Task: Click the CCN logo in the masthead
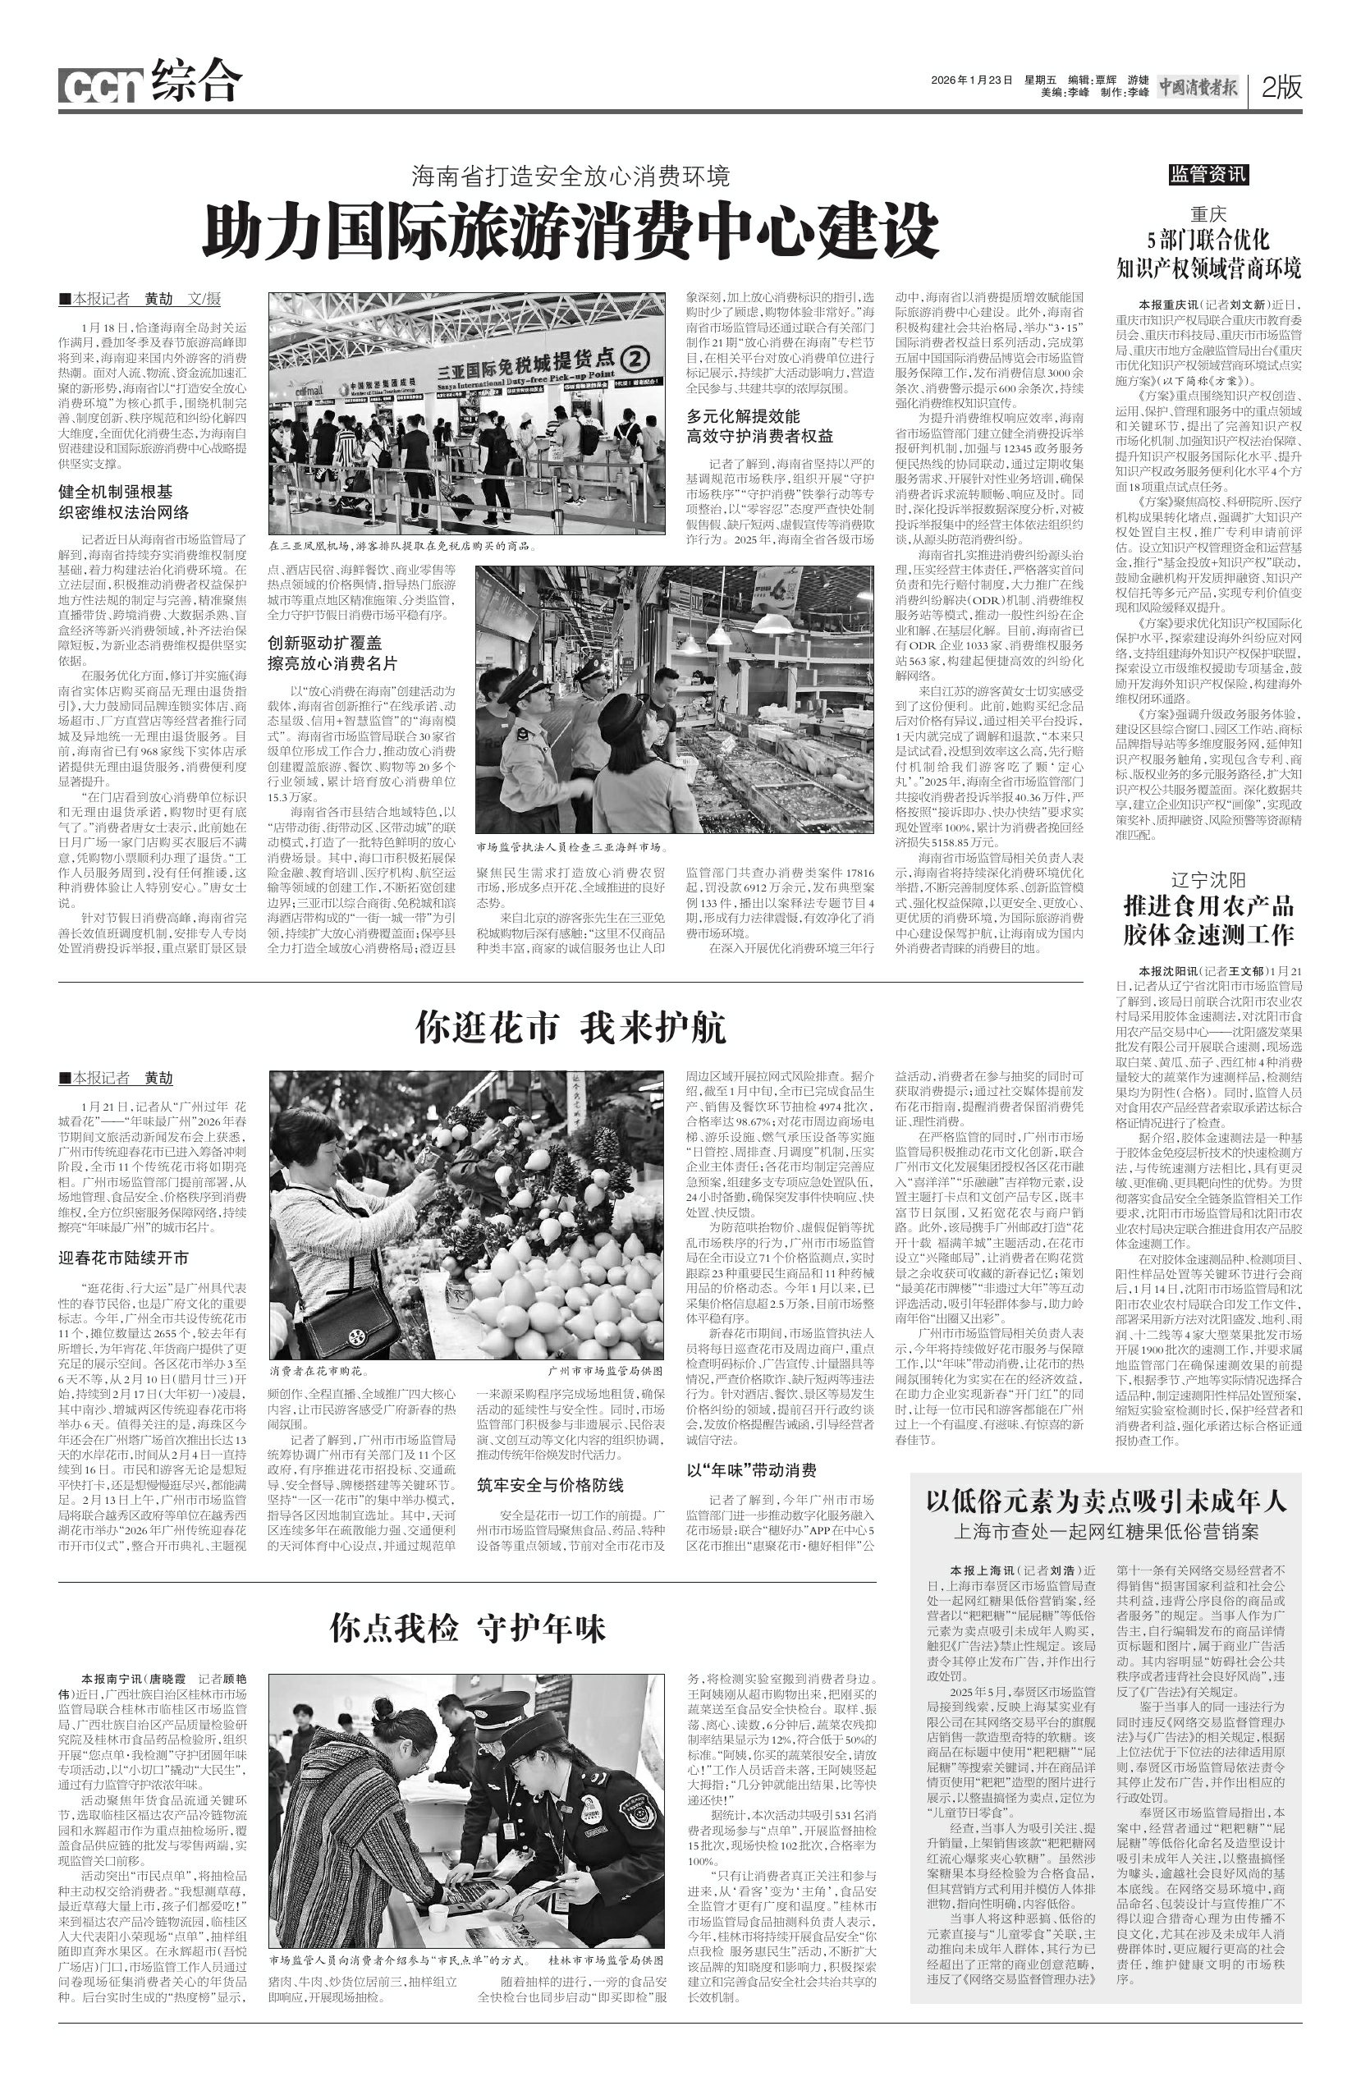click(x=100, y=85)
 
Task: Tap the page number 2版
click(x=1281, y=86)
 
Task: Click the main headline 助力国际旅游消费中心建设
click(x=571, y=229)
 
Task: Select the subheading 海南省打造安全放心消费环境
click(x=571, y=176)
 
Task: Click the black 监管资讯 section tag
click(x=1209, y=175)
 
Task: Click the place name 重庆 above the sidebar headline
click(x=1209, y=214)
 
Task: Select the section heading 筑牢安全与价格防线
click(x=551, y=1484)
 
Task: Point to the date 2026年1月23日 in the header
click(x=971, y=80)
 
